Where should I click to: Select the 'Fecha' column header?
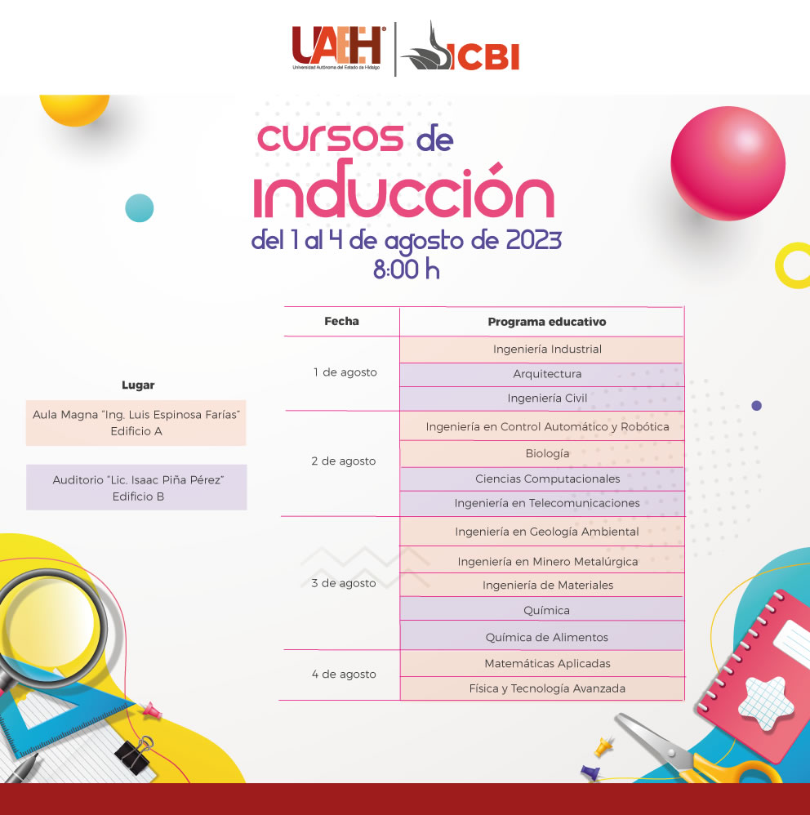(341, 321)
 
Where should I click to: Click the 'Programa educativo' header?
(546, 322)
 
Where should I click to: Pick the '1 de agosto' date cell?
(345, 372)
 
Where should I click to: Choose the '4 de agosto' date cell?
(344, 675)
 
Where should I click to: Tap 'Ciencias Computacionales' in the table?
(548, 479)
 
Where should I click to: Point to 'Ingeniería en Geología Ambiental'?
(546, 532)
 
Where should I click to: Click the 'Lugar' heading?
(138, 385)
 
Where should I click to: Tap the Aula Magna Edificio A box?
(136, 422)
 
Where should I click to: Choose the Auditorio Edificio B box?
(136, 487)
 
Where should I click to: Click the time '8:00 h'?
(407, 269)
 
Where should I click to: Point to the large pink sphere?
(728, 163)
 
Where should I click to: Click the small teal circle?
(140, 208)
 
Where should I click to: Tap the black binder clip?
(135, 755)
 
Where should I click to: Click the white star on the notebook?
(766, 703)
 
